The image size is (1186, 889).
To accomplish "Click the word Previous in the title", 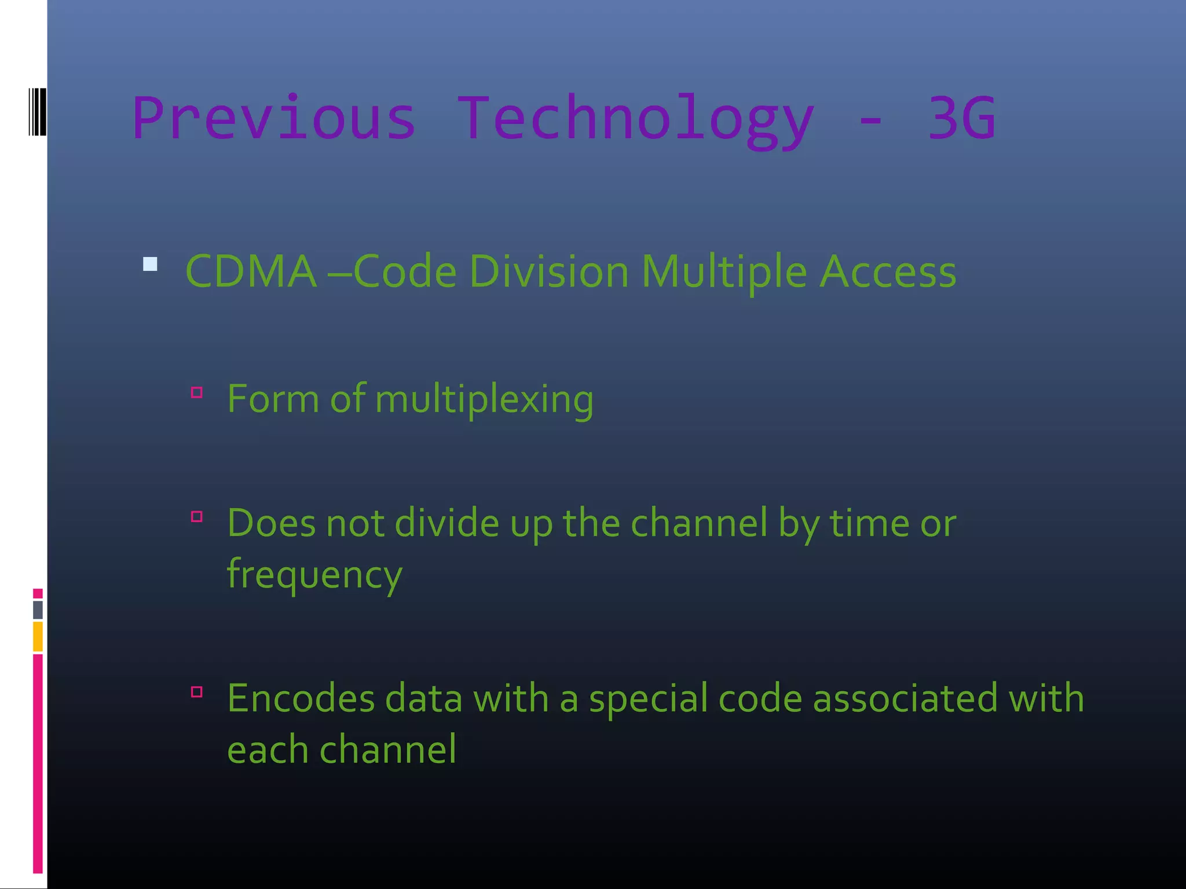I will coord(274,119).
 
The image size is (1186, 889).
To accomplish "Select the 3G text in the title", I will coord(961,119).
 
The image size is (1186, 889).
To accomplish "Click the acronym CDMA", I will coord(251,271).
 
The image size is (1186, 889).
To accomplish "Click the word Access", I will coord(887,271).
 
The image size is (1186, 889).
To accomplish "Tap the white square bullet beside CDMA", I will coord(150,265).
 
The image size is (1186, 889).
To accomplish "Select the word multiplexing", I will coord(484,399).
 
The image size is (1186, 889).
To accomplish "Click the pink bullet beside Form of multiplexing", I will coord(197,393).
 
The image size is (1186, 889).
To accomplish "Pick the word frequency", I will coord(314,574).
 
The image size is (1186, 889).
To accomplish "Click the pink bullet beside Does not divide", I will coord(197,516).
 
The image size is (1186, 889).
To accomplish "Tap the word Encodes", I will coord(301,698).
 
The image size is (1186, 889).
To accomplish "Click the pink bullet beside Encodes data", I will coord(197,692).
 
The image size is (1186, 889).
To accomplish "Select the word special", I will coord(648,698).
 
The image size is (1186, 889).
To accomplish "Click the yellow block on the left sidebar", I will coord(38,636).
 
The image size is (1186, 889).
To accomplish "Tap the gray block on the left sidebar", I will coord(38,609).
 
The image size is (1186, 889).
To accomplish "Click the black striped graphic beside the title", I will coord(37,112).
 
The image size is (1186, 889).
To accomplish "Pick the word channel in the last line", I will coord(387,750).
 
